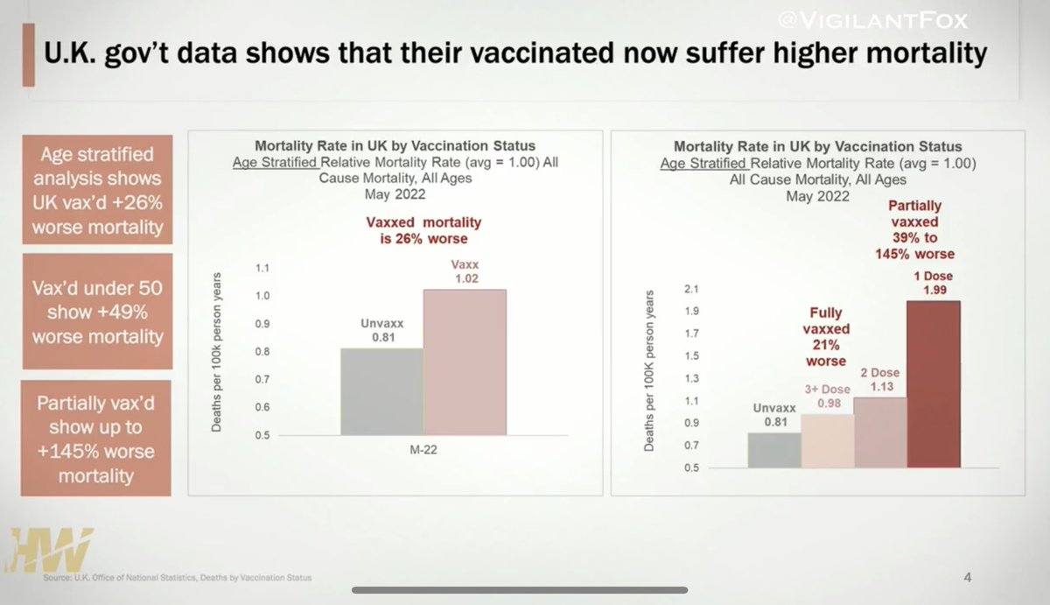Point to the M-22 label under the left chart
pos(423,450)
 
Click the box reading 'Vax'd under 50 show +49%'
pos(96,312)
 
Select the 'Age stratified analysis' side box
pos(96,190)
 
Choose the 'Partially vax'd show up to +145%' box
pos(96,440)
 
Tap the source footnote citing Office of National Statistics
pos(177,578)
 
